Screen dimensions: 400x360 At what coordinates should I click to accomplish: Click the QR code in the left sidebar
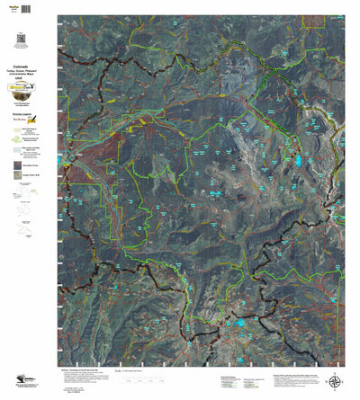click(x=21, y=39)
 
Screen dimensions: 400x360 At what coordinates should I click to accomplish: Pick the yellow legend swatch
click(x=19, y=149)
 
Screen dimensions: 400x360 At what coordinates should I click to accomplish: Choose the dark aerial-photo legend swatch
click(x=19, y=165)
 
